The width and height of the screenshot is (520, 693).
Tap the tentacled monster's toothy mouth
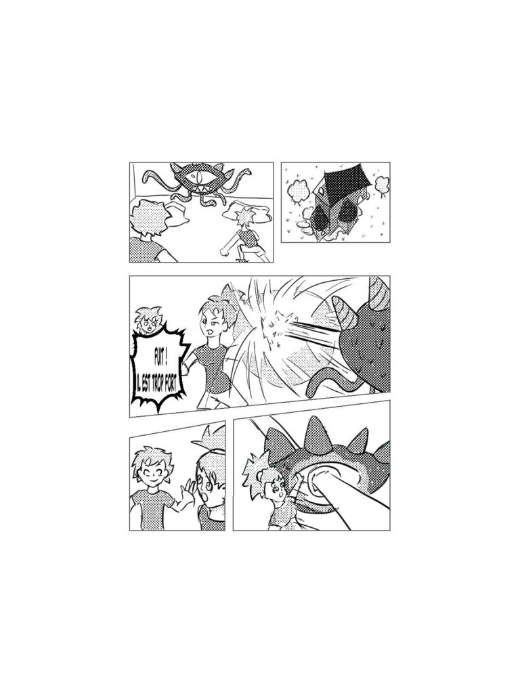click(x=200, y=189)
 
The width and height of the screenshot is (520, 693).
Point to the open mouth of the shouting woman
click(x=209, y=331)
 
